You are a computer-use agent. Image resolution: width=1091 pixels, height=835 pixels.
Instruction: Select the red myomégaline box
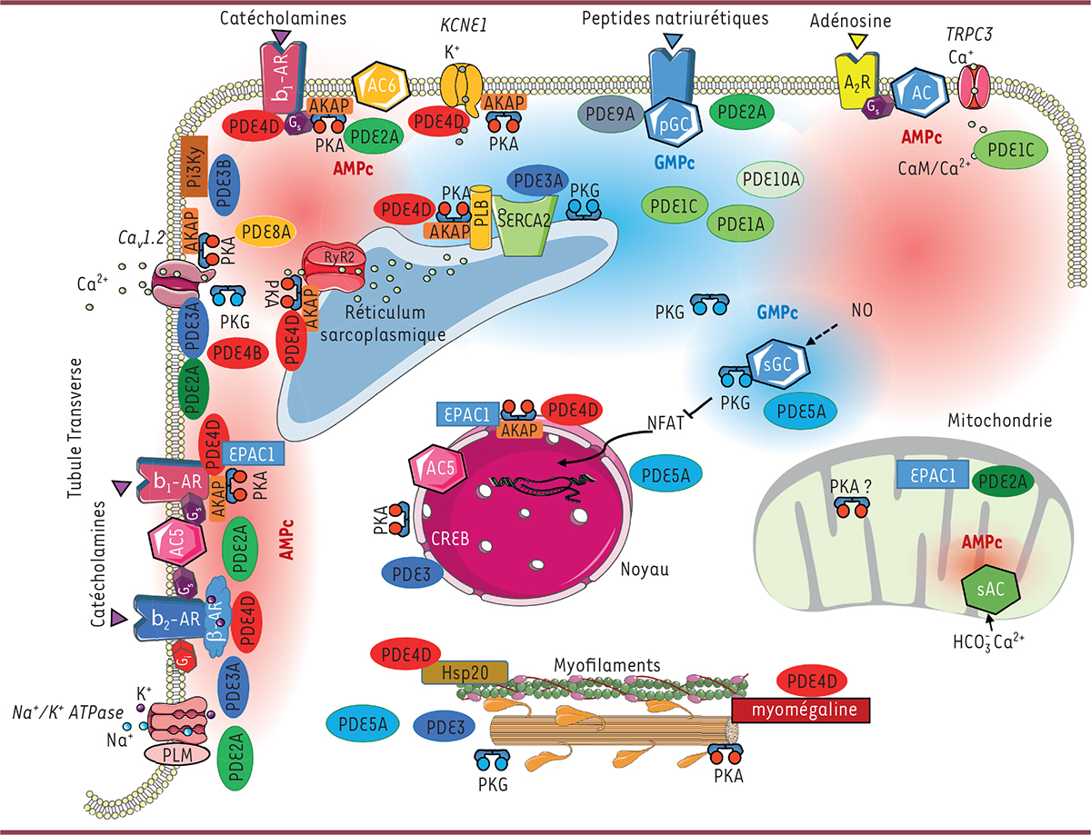click(806, 710)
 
